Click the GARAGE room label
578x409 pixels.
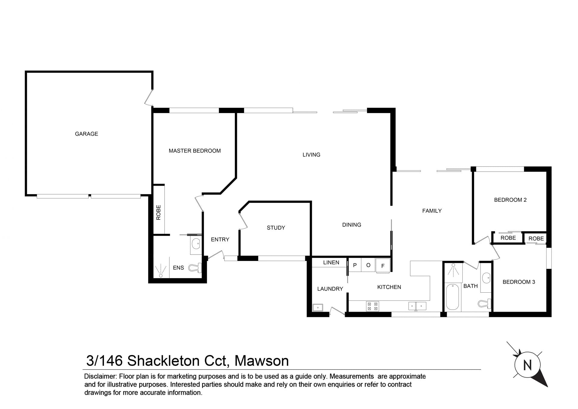(x=86, y=134)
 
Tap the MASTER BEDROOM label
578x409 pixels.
(x=195, y=151)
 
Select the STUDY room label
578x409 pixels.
(x=276, y=228)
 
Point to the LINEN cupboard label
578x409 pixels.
(x=331, y=263)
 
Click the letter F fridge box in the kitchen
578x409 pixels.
(x=383, y=266)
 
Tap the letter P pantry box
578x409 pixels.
(x=355, y=265)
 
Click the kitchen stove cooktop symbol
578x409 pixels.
(x=372, y=306)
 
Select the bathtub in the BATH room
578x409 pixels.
(x=452, y=297)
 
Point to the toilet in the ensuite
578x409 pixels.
(x=195, y=268)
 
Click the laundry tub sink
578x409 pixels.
(x=318, y=307)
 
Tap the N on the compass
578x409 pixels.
(x=527, y=365)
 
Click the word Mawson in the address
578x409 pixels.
(x=262, y=361)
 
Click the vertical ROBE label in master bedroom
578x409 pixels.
(x=158, y=212)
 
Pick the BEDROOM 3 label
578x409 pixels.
(x=519, y=282)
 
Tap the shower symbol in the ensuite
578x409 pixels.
(x=161, y=270)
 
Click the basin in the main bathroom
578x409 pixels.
(x=486, y=278)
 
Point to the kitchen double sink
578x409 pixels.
(x=417, y=306)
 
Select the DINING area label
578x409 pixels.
(x=352, y=225)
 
